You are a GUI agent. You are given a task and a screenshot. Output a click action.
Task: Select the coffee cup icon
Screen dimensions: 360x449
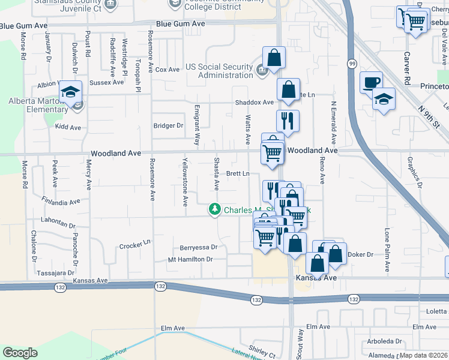[370, 82]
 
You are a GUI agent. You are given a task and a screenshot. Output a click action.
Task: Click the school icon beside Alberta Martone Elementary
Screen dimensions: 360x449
[70, 92]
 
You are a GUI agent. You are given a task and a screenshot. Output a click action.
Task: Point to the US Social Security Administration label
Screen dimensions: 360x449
[219, 71]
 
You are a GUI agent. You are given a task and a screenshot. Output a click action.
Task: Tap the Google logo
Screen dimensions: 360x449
[20, 353]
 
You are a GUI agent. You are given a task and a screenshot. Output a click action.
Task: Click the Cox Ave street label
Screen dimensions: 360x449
[167, 70]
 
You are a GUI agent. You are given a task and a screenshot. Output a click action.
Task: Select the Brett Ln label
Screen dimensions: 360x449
[238, 173]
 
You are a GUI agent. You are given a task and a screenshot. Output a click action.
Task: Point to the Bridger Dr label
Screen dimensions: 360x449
[168, 125]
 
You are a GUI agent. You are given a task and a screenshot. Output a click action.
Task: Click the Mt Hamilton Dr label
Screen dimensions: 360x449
[190, 259]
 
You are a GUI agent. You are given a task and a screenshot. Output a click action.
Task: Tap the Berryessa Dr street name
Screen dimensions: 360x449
[198, 247]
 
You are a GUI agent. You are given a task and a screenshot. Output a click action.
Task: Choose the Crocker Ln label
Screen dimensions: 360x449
[134, 245]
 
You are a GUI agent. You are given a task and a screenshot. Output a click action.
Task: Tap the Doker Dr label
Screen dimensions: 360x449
[360, 254]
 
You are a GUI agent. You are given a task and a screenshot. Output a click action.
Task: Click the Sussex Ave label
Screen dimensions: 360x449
[105, 82]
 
